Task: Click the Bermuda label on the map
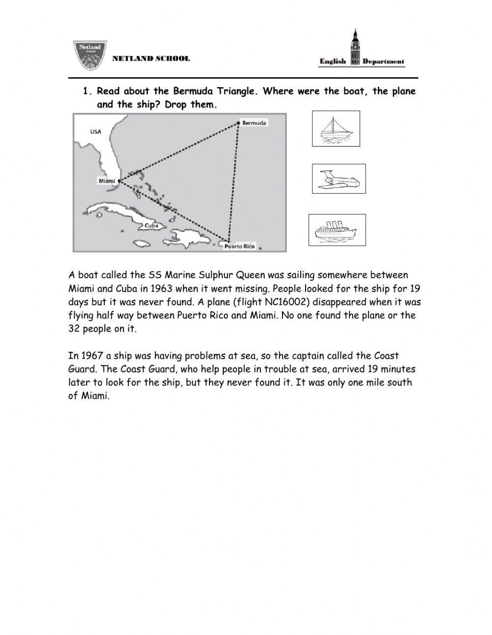point(254,122)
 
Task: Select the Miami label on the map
point(107,181)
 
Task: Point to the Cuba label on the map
point(152,225)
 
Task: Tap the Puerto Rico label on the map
point(240,246)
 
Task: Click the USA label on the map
point(96,131)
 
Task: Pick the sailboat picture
point(336,129)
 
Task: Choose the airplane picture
point(339,179)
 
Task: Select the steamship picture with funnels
point(337,230)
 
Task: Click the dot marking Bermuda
point(238,122)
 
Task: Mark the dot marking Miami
point(119,181)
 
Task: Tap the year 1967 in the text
point(92,356)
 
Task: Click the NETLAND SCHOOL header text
point(151,59)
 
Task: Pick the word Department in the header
point(383,61)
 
